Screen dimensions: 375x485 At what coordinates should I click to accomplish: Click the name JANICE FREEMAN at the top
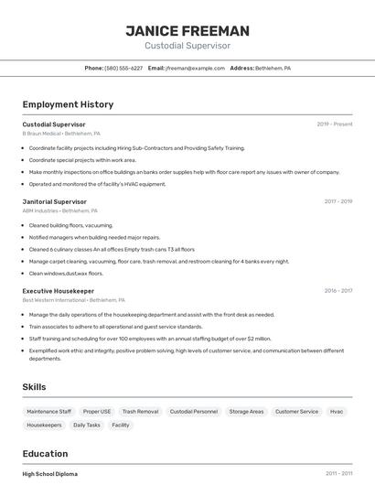point(187,31)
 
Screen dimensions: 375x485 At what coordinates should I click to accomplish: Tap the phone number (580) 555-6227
point(123,68)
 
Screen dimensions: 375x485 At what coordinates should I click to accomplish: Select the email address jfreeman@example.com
point(195,68)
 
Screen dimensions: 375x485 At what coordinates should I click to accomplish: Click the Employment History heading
point(68,104)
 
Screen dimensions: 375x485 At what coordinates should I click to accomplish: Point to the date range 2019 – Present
point(335,124)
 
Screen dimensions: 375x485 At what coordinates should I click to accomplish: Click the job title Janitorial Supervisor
point(54,201)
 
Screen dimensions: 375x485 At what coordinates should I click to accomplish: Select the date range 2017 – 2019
point(337,201)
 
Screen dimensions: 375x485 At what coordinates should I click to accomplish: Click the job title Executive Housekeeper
point(58,291)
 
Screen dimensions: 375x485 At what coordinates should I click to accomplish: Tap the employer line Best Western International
point(73,300)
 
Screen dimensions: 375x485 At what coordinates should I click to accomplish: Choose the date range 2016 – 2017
point(337,291)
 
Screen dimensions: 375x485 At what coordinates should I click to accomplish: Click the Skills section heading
point(34,387)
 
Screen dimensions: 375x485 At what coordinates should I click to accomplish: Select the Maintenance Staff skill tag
point(48,412)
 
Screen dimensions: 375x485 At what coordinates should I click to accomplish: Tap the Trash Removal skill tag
point(140,412)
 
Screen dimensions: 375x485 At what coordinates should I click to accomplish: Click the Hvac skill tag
point(337,412)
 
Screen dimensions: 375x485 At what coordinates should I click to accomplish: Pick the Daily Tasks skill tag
point(87,426)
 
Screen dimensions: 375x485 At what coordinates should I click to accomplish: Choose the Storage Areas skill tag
point(246,412)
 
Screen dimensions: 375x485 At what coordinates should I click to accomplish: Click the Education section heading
point(45,454)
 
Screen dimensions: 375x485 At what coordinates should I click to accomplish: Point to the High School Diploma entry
point(49,474)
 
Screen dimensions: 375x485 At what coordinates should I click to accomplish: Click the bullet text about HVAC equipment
point(97,184)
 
